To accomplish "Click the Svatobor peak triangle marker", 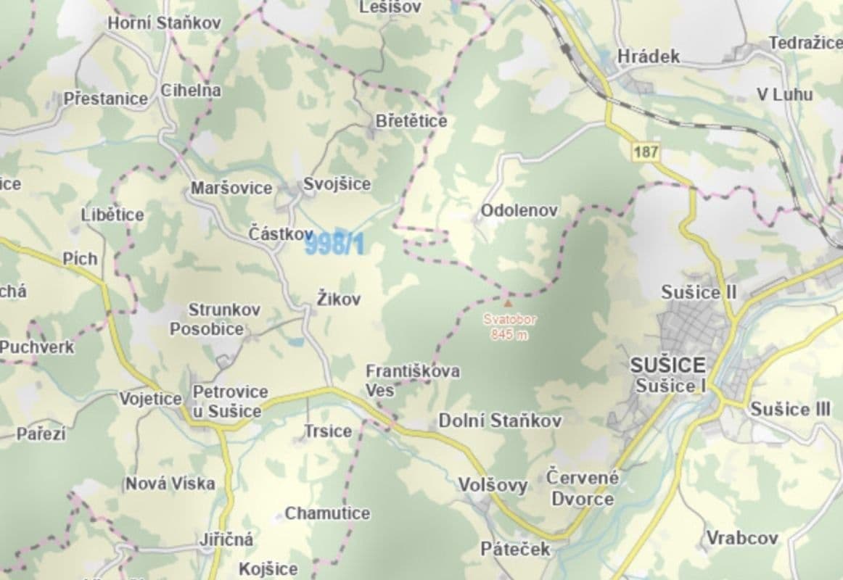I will coord(507,303).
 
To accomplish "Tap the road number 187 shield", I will coord(645,152).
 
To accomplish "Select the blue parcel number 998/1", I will coord(334,246).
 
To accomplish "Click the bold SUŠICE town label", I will coord(668,365).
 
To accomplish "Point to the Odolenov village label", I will coord(519,211).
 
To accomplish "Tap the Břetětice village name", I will coord(411,121).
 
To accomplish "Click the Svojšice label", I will coord(337,184).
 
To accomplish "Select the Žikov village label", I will coord(339,299).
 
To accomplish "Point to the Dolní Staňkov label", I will coord(500,420).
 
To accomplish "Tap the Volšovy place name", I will coord(493,485).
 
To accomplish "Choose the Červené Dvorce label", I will coord(583,488).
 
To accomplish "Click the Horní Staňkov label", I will coord(165,23).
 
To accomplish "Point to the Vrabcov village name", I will coord(742,538).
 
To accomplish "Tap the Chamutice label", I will coord(327,513).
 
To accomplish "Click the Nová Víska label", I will coord(170,483).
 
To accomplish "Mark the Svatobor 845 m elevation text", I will coord(508,326).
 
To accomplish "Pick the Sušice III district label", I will coord(790,409).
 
